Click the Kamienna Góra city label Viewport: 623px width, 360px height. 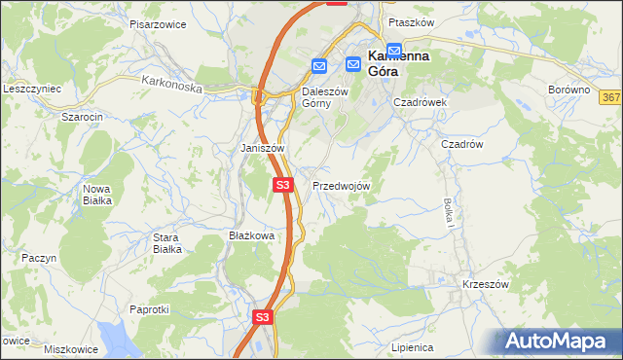398,63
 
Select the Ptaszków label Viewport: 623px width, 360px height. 410,21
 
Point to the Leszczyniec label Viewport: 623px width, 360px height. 32,89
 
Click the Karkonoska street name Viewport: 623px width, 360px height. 170,86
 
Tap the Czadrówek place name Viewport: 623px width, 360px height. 420,101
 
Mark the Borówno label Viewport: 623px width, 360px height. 569,90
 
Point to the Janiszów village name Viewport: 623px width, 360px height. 262,148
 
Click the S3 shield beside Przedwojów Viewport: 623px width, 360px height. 282,184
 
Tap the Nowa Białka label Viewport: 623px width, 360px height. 97,194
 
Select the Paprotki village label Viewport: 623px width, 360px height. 150,309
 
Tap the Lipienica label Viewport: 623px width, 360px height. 412,346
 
